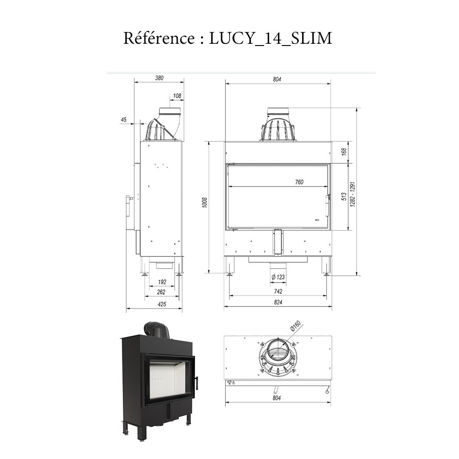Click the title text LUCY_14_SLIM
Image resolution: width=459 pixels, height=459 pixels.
tap(270, 39)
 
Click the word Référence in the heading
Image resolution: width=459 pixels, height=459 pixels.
tap(159, 38)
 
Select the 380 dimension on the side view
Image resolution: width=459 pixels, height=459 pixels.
tap(159, 78)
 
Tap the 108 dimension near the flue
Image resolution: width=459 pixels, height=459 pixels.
tap(177, 96)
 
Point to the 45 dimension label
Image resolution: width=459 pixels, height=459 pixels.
tap(124, 120)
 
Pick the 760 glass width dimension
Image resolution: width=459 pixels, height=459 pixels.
tap(299, 182)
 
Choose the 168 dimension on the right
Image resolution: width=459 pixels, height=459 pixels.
tap(344, 151)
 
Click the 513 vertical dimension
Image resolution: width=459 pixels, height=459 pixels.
tap(344, 196)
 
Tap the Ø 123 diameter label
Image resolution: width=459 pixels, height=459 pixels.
tap(278, 278)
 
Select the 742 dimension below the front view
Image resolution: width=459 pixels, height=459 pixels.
tap(278, 292)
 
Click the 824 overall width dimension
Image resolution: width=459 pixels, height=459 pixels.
tap(278, 303)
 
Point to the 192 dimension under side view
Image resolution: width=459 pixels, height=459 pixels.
tap(162, 282)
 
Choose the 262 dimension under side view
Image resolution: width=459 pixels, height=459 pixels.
tap(161, 292)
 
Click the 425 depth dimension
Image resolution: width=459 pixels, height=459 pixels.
tap(161, 304)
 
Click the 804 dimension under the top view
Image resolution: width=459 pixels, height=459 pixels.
tap(277, 398)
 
